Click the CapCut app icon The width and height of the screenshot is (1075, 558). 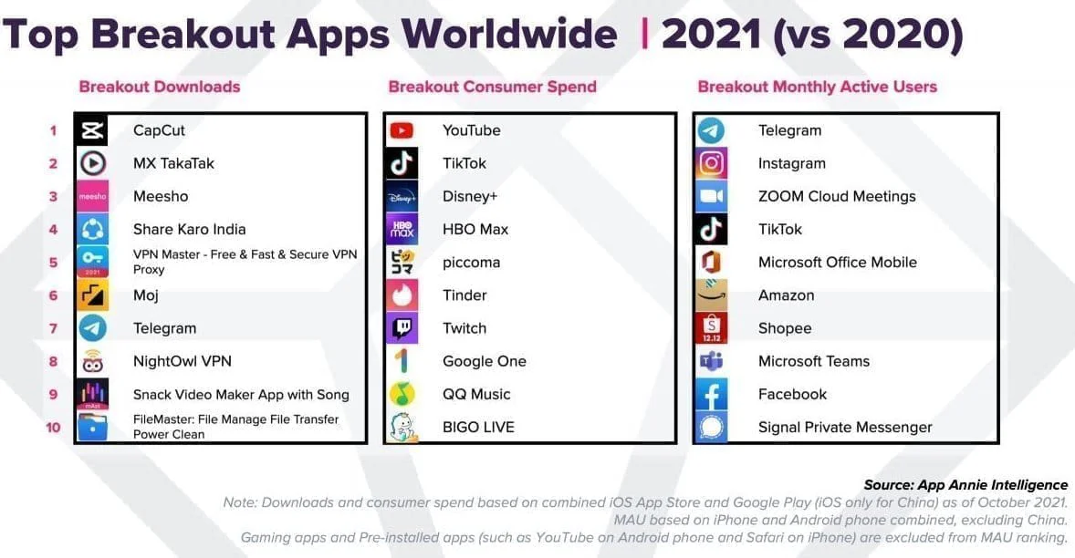[93, 130]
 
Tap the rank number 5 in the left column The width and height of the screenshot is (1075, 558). [53, 263]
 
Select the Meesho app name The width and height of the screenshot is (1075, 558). [160, 196]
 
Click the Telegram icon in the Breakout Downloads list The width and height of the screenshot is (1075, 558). [93, 328]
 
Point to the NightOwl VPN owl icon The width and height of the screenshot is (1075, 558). [93, 361]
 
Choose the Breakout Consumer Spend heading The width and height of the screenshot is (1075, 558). [492, 87]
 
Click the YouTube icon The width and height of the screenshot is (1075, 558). [402, 130]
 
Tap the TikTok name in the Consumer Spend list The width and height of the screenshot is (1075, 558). [464, 163]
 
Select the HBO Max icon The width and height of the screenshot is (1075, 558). [402, 229]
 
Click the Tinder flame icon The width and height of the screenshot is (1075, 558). [402, 295]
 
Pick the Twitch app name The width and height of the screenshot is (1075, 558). [464, 328]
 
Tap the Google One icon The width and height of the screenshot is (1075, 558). [402, 361]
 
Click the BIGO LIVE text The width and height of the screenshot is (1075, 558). [478, 427]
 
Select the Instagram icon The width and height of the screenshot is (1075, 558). [711, 163]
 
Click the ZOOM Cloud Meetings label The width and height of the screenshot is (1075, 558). [836, 196]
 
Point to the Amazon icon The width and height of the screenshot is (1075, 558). [711, 295]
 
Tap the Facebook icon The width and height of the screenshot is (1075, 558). [711, 394]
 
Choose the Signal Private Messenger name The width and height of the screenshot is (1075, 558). [844, 427]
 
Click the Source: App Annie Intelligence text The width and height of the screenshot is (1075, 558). [965, 484]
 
